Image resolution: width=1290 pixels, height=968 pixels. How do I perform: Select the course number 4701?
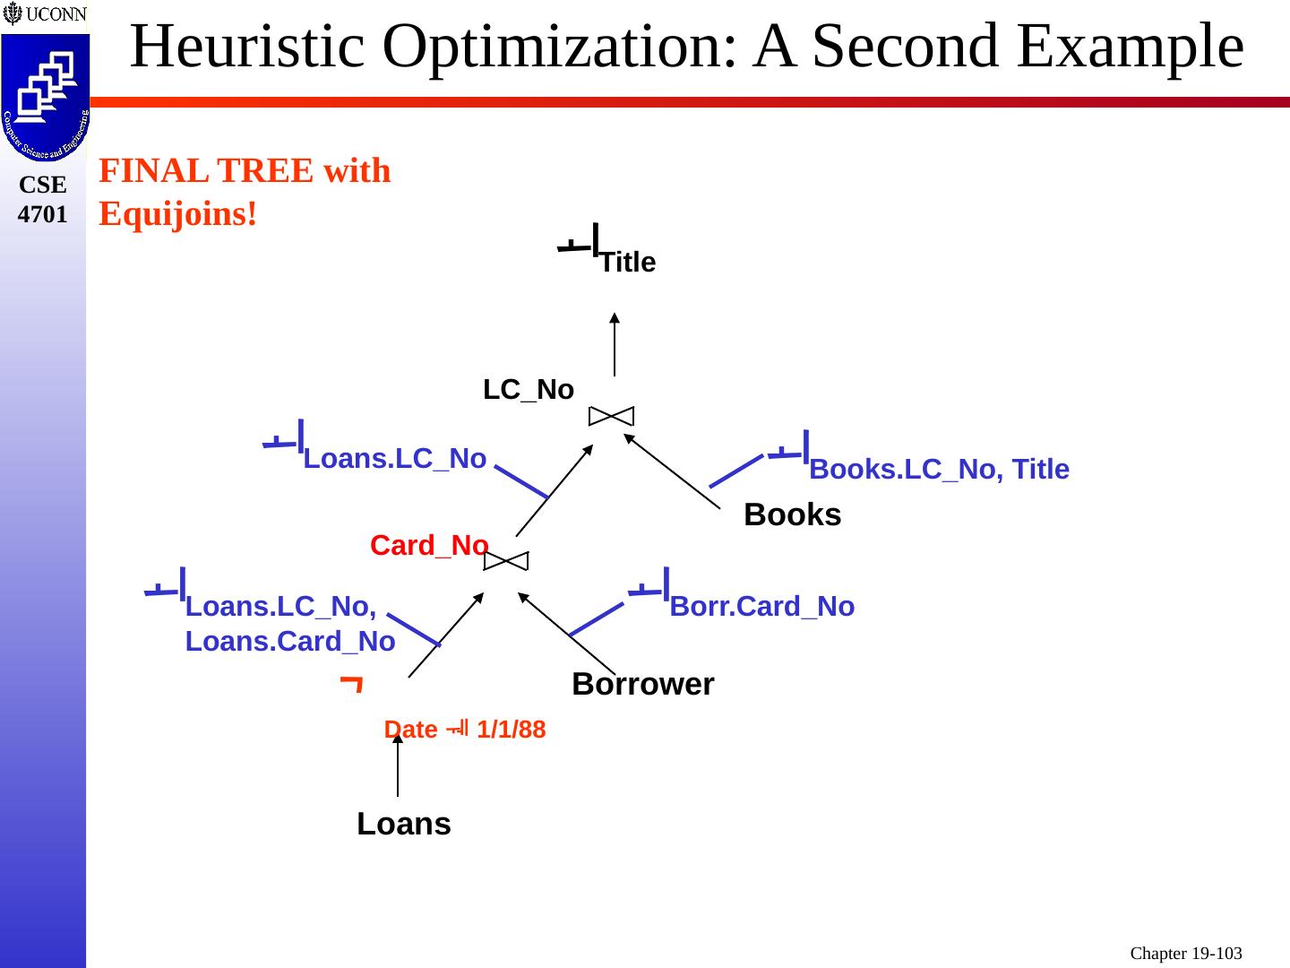coord(42,214)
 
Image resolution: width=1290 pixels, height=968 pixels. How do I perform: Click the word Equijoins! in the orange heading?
coord(178,213)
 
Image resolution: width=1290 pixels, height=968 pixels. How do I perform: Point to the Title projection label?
coord(627,263)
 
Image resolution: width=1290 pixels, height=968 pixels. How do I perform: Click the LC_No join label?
coord(529,390)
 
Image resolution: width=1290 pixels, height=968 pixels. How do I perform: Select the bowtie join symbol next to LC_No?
coord(611,416)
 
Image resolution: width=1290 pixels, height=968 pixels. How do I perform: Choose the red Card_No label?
coord(429,545)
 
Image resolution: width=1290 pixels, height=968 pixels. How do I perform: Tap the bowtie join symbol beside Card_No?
coord(506,561)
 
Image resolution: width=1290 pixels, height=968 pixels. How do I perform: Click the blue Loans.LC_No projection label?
coord(394,459)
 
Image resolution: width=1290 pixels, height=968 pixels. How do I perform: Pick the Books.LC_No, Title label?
coord(939,469)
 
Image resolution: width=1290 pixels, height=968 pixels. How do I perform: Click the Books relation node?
coord(793,515)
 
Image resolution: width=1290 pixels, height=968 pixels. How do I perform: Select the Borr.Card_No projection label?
coord(761,607)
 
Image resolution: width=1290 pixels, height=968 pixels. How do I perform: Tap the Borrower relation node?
coord(642,685)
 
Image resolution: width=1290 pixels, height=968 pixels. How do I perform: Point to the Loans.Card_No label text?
coord(290,642)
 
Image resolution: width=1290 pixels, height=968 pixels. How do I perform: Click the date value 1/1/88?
coord(511,730)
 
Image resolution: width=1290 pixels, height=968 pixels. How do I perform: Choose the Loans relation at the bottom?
coord(403,824)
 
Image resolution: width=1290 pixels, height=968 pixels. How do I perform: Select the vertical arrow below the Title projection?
coord(615,344)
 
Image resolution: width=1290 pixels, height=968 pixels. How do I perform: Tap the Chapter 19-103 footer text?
coord(1185,954)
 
